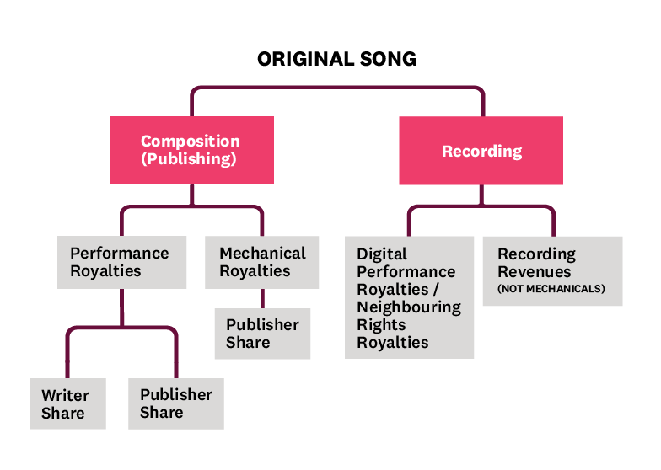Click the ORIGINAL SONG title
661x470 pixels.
pos(336,59)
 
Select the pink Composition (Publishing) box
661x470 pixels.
pos(191,150)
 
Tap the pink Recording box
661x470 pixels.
pos(481,151)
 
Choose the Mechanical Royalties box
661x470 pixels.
pos(262,262)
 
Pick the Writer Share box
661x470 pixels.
pos(67,404)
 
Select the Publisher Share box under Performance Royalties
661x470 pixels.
pos(176,404)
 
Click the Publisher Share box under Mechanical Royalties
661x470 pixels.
pos(262,334)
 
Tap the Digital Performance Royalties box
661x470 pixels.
pos(409,297)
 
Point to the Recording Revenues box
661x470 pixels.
pos(552,270)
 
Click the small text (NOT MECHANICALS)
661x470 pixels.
pos(551,289)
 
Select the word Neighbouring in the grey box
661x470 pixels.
pos(409,307)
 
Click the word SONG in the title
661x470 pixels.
pos(387,59)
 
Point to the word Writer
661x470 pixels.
pos(65,395)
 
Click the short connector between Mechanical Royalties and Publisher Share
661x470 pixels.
pos(262,299)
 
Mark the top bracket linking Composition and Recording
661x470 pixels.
pos(337,88)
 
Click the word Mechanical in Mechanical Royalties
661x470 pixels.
pos(262,253)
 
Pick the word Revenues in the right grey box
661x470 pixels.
pos(534,272)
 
